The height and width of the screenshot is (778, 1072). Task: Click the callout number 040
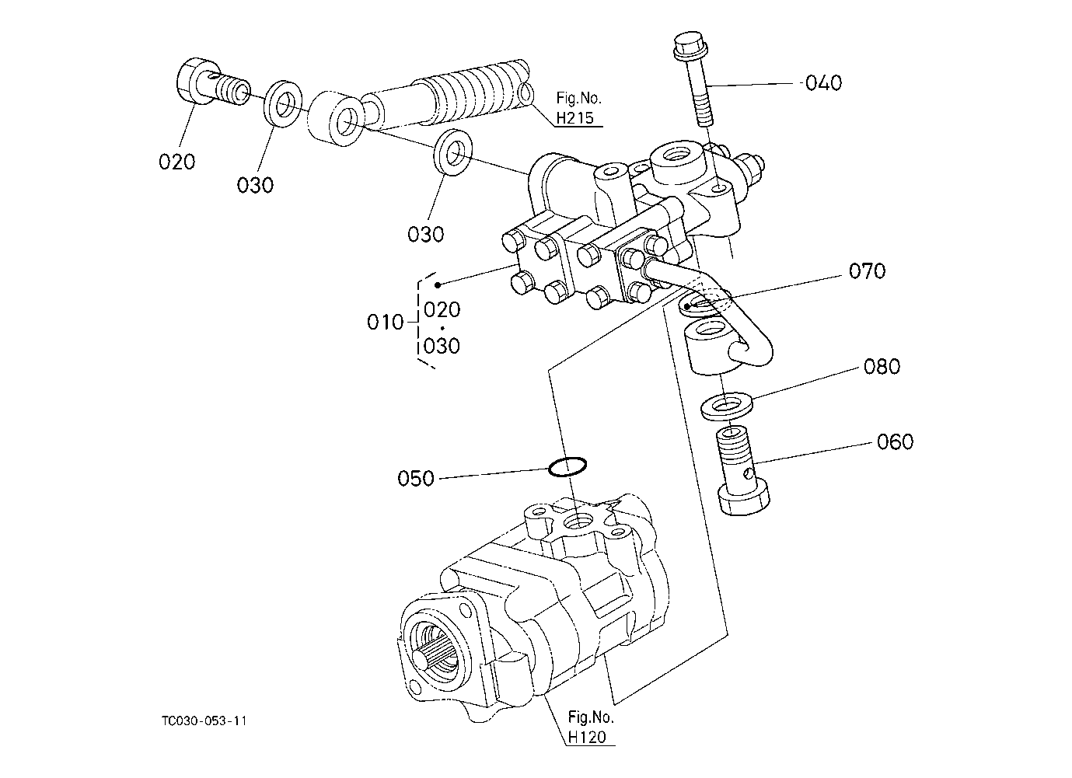tap(823, 83)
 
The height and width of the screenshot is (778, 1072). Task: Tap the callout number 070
tap(868, 270)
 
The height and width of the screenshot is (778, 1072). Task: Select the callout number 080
tap(882, 367)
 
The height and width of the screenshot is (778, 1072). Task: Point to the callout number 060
tap(895, 441)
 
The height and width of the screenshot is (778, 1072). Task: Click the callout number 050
tap(416, 479)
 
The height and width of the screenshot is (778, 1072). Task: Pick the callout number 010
tap(386, 323)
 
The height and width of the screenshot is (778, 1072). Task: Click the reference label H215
tap(574, 117)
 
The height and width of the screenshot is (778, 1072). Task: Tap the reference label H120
tap(587, 737)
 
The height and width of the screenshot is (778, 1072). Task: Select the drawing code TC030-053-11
tap(204, 720)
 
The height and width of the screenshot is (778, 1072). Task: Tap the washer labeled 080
tap(727, 406)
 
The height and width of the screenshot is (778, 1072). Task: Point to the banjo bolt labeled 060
tap(740, 471)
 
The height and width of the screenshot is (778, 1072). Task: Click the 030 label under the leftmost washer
tap(255, 185)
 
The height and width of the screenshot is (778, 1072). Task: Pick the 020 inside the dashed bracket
tap(442, 309)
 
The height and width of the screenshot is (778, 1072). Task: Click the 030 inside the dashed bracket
tap(442, 346)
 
